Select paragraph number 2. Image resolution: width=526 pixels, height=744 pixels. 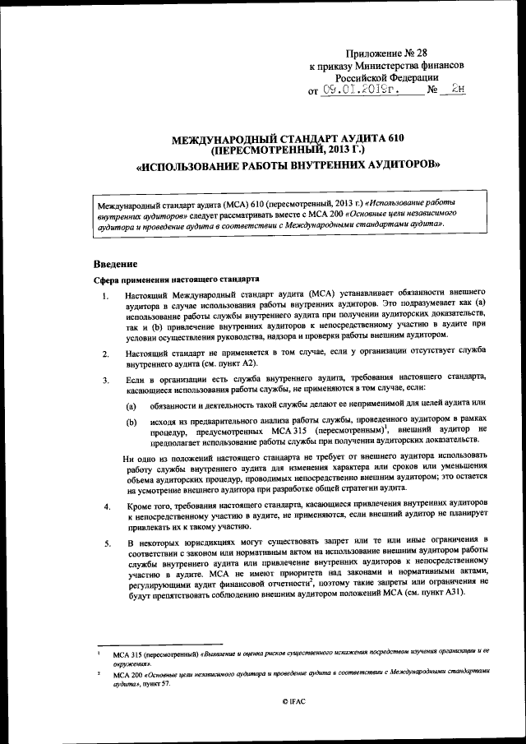coord(104,354)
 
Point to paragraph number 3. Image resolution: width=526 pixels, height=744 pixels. coord(104,381)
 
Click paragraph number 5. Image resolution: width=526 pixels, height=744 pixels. coord(104,544)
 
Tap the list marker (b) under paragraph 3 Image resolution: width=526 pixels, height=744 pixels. coord(131,422)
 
